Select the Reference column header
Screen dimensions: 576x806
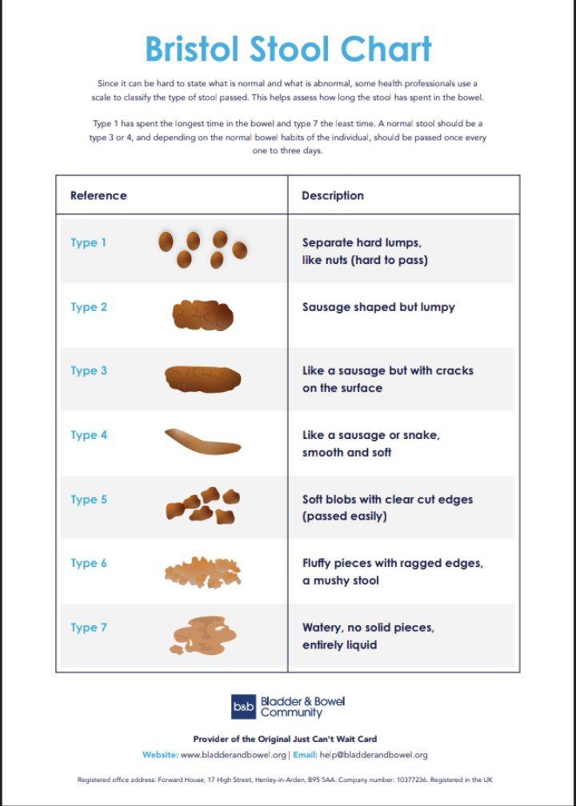pos(98,195)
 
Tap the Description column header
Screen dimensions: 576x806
pos(333,195)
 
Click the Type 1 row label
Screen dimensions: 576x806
pos(89,242)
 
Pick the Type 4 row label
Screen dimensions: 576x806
pos(89,435)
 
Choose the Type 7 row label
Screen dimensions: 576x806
pos(89,628)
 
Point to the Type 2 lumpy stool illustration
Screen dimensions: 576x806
pos(202,315)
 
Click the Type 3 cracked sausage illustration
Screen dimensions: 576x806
pos(202,379)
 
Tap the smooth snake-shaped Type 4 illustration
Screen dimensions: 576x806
pos(202,442)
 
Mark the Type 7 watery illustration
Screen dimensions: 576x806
pos(202,636)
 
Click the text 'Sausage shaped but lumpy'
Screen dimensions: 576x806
pos(378,307)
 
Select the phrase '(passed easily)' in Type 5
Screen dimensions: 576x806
pos(344,517)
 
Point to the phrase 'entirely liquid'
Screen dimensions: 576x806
pos(339,644)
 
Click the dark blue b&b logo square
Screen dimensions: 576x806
pos(243,707)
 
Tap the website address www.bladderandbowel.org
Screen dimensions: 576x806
pos(234,755)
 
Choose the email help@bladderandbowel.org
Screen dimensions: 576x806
pos(374,755)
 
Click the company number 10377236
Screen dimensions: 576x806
pos(409,780)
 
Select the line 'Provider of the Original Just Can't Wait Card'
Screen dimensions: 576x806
pos(285,739)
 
